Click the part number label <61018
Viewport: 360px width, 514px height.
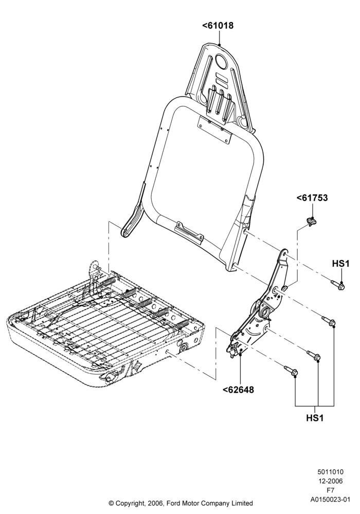218,26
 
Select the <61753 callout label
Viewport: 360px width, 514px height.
312,198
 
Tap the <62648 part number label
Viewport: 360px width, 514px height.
238,390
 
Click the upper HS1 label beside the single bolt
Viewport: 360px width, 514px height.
341,263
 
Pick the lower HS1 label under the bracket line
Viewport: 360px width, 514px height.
315,418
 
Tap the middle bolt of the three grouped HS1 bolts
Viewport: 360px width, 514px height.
313,355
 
